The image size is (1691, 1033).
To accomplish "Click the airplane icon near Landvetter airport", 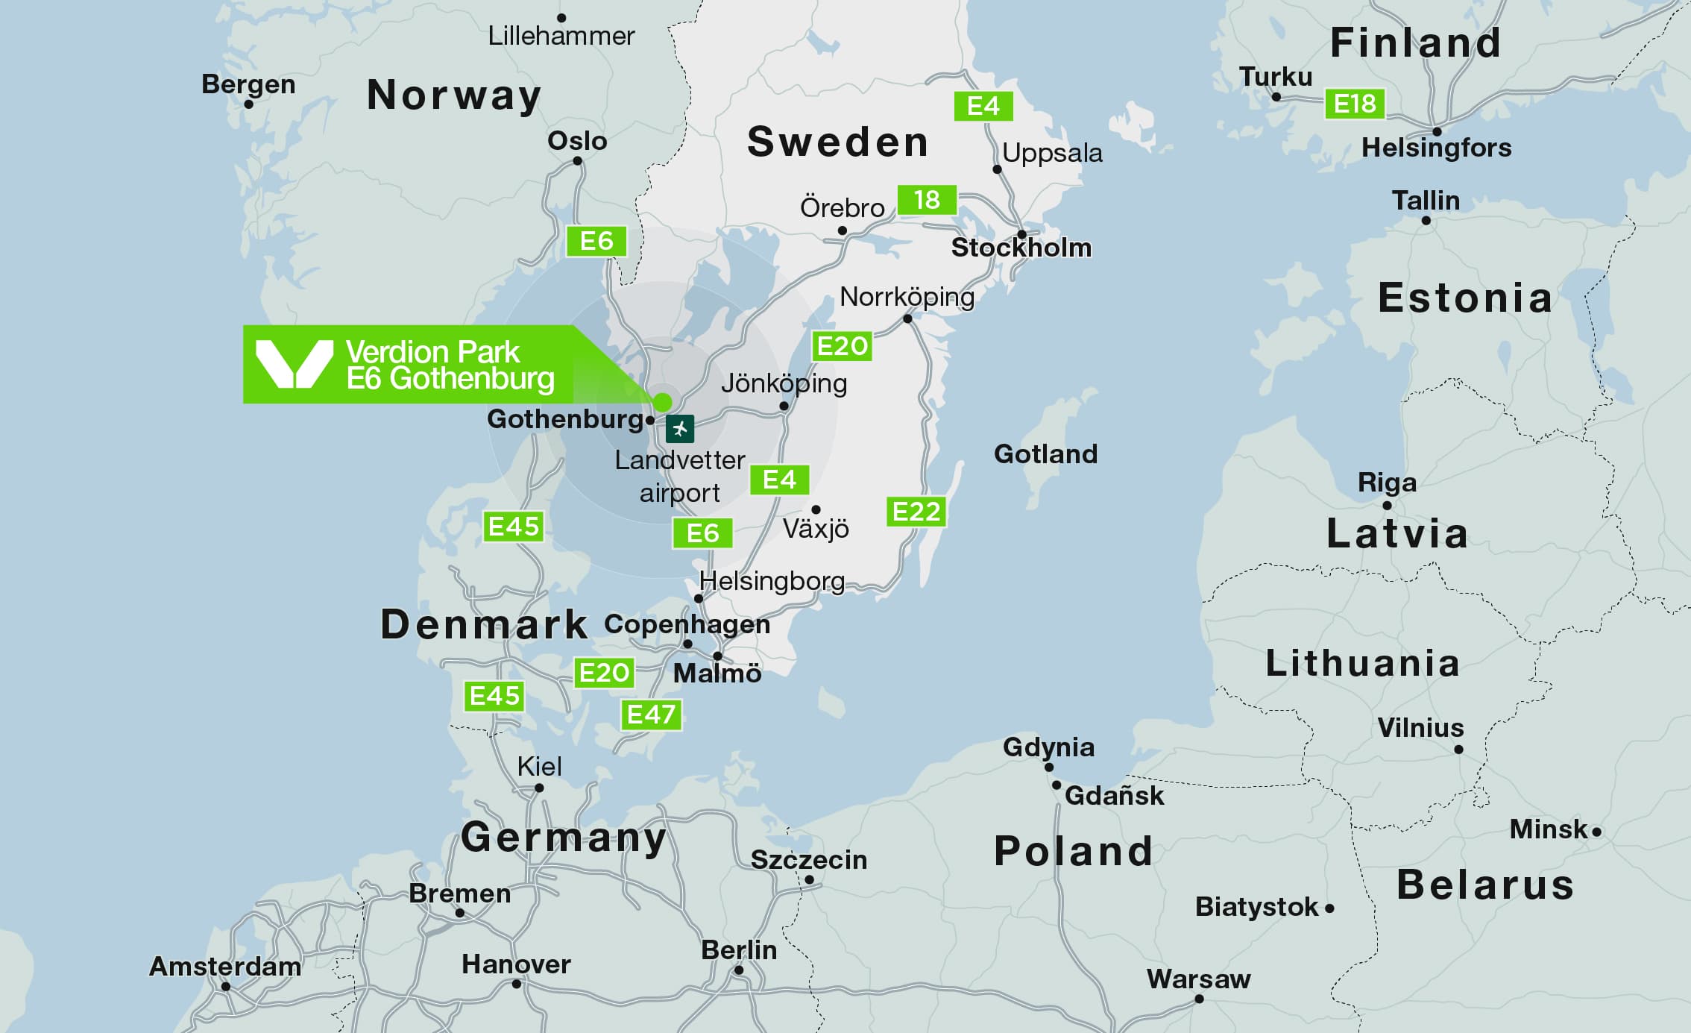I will (x=679, y=429).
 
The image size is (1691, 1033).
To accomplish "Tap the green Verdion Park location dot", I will (x=662, y=403).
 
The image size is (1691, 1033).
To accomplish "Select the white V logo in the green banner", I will (x=294, y=364).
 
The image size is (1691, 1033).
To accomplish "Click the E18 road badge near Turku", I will (x=1355, y=104).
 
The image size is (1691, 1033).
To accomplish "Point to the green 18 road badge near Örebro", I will (x=927, y=200).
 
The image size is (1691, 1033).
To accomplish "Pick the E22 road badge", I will (x=916, y=512).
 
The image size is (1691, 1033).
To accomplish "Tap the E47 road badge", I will (x=651, y=715).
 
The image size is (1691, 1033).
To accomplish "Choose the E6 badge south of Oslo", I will (x=596, y=241).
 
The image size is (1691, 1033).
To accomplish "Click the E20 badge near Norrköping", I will (x=842, y=346).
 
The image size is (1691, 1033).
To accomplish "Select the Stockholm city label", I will (x=1021, y=248).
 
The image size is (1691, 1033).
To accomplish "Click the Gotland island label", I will (x=1045, y=453).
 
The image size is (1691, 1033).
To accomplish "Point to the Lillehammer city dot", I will (x=561, y=18).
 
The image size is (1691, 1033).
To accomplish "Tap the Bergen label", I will (x=248, y=84).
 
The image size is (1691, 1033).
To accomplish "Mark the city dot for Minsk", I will (x=1596, y=832).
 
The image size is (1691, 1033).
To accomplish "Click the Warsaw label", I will (x=1198, y=979).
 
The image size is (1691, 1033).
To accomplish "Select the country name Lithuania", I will (x=1362, y=663).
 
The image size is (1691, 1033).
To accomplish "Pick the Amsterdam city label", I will (x=225, y=967).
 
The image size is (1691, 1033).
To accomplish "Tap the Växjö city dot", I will (x=816, y=509).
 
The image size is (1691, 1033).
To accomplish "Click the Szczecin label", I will (x=809, y=860).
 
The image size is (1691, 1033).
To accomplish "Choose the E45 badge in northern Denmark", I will (x=513, y=527).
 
